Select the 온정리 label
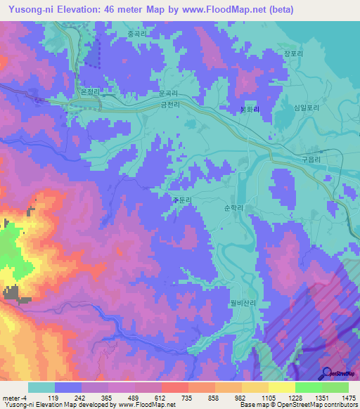tap(92, 92)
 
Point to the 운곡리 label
tap(168, 93)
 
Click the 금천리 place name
tap(172, 105)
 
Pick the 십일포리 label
tap(307, 108)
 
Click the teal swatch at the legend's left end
tap(41, 387)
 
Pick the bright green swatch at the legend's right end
tap(335, 387)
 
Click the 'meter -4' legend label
tap(14, 397)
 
